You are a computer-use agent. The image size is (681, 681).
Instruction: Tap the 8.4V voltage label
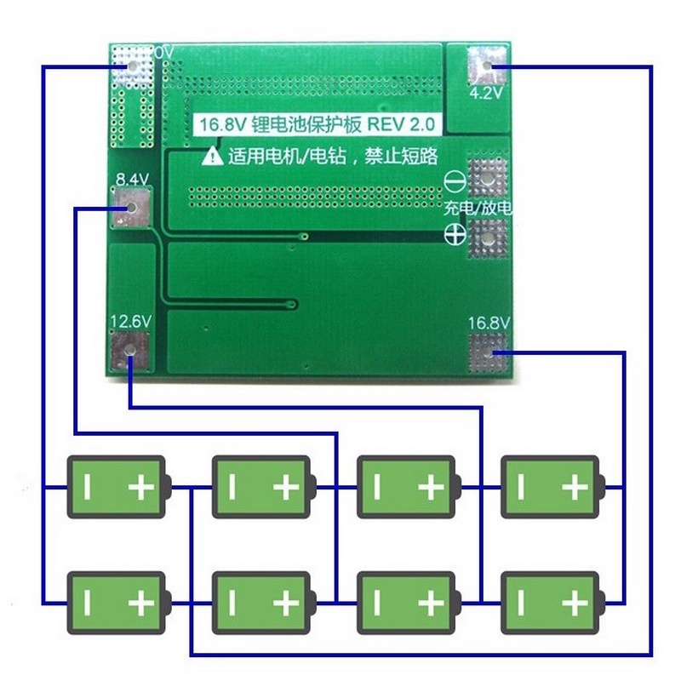pyautogui.click(x=131, y=180)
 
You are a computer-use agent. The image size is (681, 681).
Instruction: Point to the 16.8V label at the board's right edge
pyautogui.click(x=489, y=323)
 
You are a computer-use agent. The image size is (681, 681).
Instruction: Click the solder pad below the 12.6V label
pyautogui.click(x=130, y=351)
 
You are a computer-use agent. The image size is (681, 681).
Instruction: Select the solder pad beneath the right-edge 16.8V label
pyautogui.click(x=489, y=353)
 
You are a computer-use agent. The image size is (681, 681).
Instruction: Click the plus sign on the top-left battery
pyautogui.click(x=140, y=488)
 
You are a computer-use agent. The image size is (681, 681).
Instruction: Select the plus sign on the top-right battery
pyautogui.click(x=575, y=488)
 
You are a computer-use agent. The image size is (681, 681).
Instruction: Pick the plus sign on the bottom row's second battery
pyautogui.click(x=285, y=604)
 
